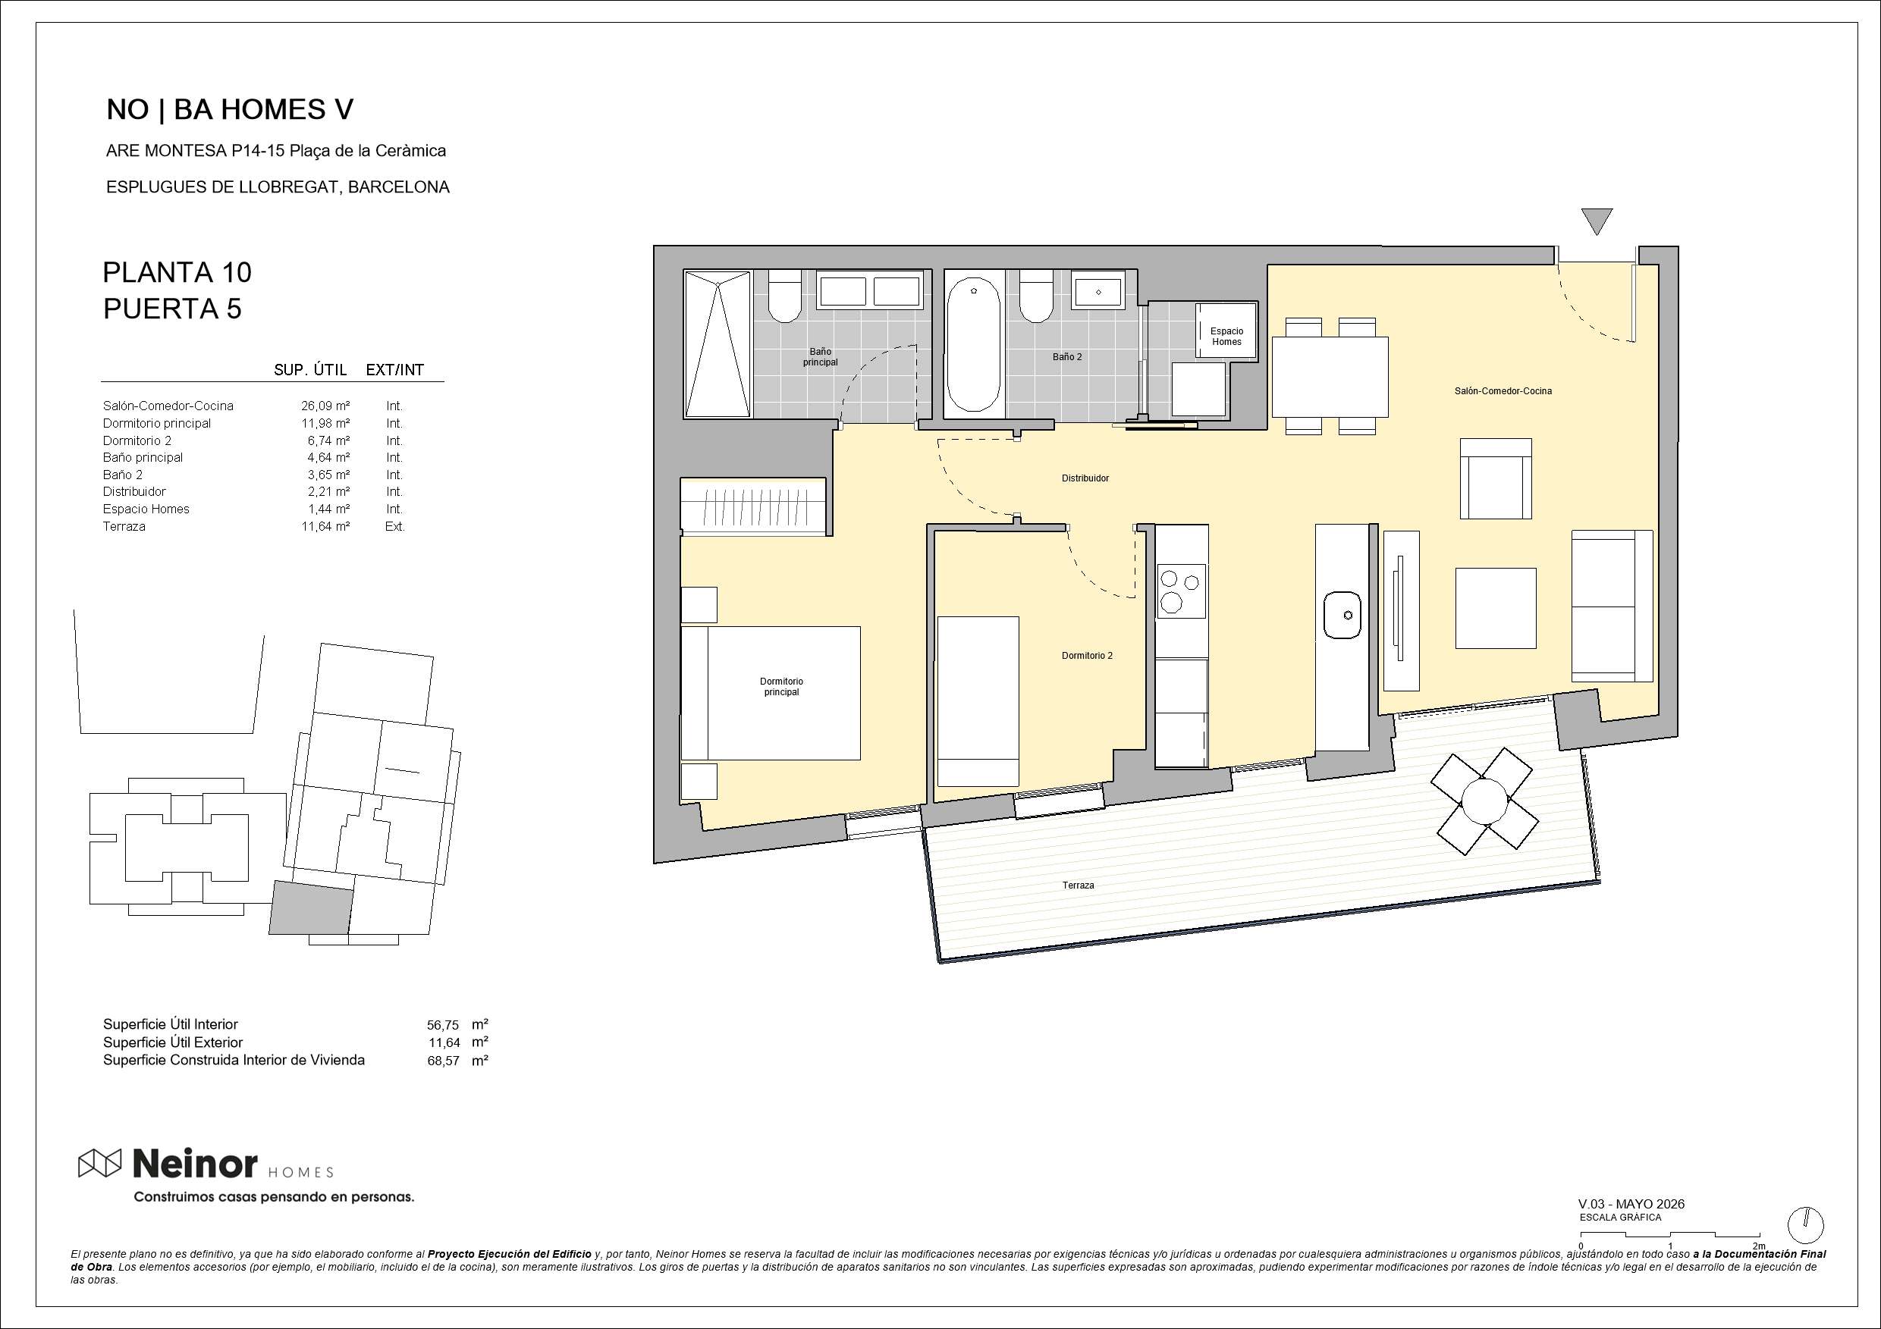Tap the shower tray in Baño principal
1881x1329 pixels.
[717, 346]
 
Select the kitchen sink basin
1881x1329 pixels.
[1342, 615]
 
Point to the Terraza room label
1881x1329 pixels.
[1078, 885]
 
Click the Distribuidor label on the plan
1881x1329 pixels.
[1085, 478]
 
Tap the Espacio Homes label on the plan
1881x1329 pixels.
[1226, 337]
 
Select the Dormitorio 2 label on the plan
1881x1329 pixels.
[1087, 656]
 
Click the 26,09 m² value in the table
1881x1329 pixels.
[325, 406]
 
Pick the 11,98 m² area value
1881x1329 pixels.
[325, 423]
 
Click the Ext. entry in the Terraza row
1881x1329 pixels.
[395, 527]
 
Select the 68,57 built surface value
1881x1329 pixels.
[443, 1061]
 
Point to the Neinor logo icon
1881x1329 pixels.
[100, 1163]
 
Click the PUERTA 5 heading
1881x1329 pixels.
[172, 309]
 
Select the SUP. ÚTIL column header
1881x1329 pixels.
[310, 370]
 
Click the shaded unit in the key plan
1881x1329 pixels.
[310, 907]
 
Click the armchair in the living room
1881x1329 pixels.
[1495, 479]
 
